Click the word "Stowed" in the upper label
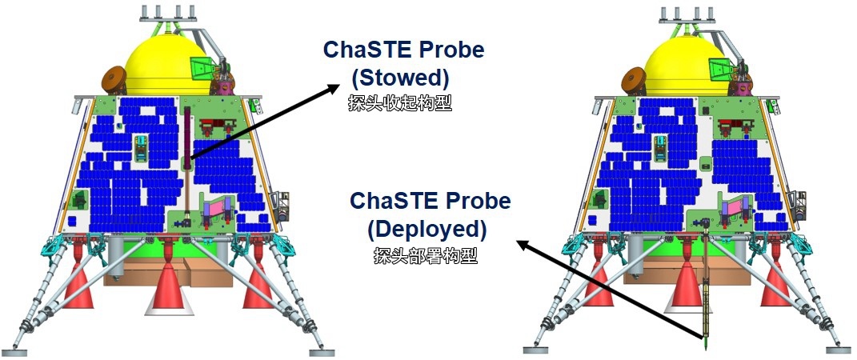(399, 78)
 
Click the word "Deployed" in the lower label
(426, 230)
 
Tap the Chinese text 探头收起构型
(400, 104)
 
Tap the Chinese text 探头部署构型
(426, 255)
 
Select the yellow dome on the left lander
(168, 65)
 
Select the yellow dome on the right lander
(687, 65)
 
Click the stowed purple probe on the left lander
(187, 133)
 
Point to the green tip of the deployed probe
(706, 344)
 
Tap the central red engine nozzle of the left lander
(170, 289)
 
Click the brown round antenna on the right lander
(634, 80)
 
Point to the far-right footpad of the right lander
(841, 350)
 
